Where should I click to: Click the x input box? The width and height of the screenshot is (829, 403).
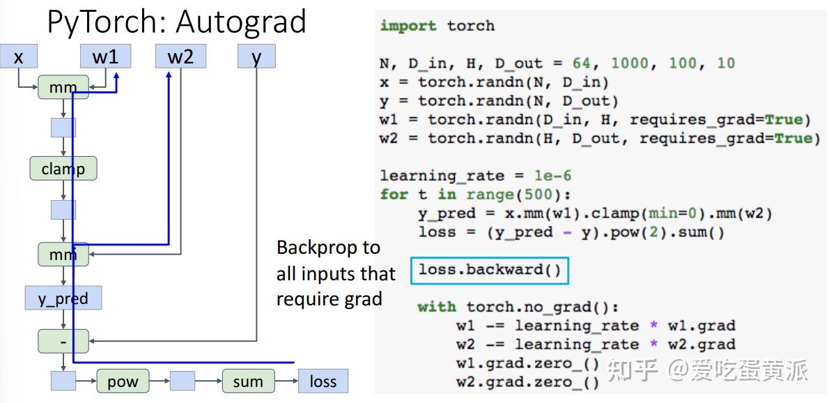tap(19, 56)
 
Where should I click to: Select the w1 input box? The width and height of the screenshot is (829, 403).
tap(106, 56)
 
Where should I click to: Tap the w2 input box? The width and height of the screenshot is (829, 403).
tap(181, 56)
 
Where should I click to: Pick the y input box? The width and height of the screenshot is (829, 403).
tap(256, 56)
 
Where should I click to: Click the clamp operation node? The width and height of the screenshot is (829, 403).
tap(63, 169)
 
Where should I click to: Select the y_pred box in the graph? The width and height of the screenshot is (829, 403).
tap(63, 298)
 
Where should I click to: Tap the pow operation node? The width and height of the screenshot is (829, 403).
tap(123, 381)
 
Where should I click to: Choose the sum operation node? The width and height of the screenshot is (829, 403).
tap(248, 381)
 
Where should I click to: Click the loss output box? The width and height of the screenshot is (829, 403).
tap(323, 381)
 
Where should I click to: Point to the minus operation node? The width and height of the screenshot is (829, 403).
tap(63, 341)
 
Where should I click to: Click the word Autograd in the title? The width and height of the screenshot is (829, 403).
tap(241, 22)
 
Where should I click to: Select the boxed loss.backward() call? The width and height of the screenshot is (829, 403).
tap(490, 271)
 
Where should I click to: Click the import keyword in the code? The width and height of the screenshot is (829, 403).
tap(408, 26)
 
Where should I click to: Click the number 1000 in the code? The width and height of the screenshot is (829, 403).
tap(630, 63)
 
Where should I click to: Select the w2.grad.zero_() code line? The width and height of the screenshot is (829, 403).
tap(527, 382)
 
